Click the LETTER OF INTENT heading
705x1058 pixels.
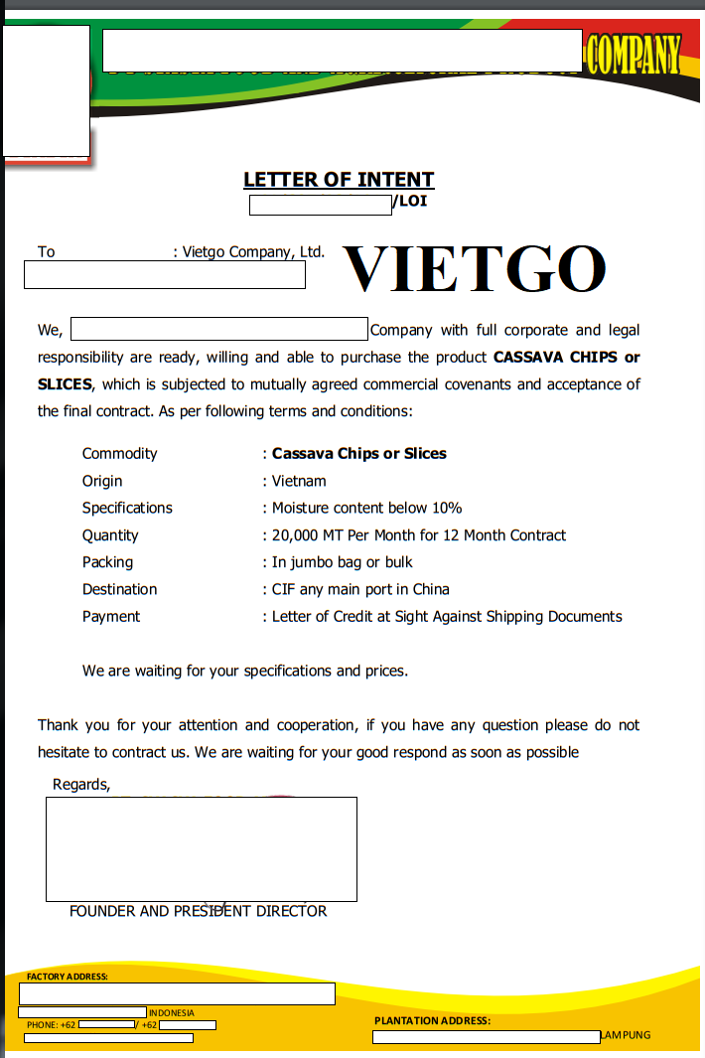339,180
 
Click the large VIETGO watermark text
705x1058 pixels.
474,267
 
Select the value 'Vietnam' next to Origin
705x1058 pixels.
299,481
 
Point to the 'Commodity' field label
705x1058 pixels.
119,454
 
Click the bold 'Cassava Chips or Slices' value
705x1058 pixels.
358,454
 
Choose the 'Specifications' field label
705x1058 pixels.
127,508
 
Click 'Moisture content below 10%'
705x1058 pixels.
366,508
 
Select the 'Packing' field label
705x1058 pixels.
107,562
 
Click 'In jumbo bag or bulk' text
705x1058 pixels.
342,562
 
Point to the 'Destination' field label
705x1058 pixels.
119,589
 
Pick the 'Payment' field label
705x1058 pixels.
111,617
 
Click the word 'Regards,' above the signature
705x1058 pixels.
81,785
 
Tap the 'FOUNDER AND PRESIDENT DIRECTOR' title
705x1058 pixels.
198,911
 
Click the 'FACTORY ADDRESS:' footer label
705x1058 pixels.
68,977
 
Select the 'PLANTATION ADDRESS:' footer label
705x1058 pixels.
432,1020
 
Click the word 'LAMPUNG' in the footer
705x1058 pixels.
627,1035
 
